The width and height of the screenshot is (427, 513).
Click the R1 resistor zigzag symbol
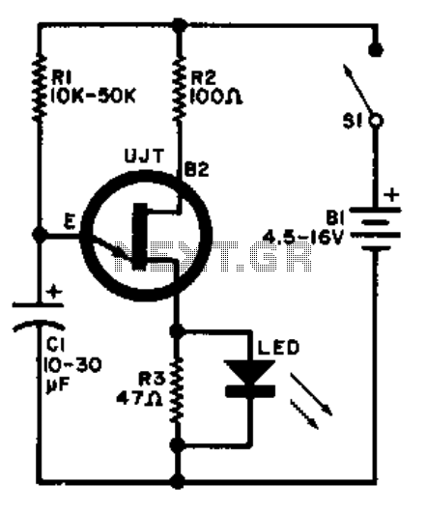point(40,88)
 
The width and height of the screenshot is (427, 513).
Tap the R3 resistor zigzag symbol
point(177,390)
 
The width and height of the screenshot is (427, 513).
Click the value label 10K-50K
point(93,96)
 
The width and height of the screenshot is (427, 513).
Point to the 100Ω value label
point(216,97)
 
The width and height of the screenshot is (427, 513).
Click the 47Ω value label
point(139,398)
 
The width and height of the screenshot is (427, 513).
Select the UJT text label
point(144,156)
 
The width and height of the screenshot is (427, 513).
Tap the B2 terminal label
point(197,170)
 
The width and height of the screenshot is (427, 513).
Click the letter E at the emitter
point(70,222)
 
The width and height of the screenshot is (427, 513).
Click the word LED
point(278,348)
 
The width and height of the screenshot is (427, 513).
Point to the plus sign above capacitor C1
point(54,292)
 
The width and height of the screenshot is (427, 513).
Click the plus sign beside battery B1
point(391,195)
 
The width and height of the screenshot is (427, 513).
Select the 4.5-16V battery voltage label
point(303,238)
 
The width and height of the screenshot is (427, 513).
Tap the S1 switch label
point(353,122)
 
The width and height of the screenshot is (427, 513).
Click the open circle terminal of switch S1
point(377,121)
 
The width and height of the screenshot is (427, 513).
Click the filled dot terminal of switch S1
point(376,50)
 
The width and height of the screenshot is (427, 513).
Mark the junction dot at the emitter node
point(40,234)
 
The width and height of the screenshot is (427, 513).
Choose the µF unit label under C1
point(54,386)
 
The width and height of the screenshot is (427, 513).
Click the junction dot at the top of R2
point(180,25)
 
